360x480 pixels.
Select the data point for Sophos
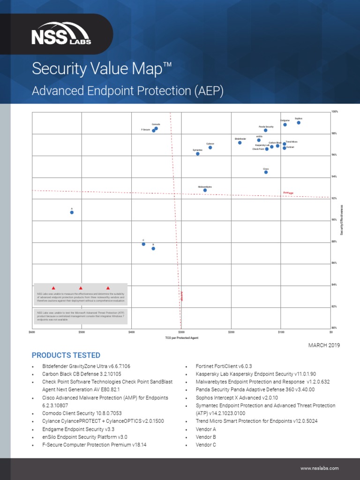point(299,123)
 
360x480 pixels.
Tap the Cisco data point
point(266,172)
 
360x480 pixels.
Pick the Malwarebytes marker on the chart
point(205,190)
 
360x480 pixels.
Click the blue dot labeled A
point(72,212)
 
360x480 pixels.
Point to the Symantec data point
point(197,154)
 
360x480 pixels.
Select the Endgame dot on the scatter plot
point(285,125)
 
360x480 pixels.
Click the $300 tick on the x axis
point(181,332)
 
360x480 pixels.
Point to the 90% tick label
point(335,220)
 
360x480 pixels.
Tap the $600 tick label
point(32,332)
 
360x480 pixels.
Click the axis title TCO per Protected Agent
point(181,337)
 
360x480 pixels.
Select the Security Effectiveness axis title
point(342,220)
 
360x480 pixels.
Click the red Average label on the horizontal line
point(288,193)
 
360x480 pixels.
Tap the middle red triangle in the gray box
point(81,288)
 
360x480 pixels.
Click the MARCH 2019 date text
point(323,345)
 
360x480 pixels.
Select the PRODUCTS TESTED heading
point(66,355)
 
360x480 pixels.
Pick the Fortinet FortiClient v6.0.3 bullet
point(224,366)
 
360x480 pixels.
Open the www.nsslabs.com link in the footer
point(319,468)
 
